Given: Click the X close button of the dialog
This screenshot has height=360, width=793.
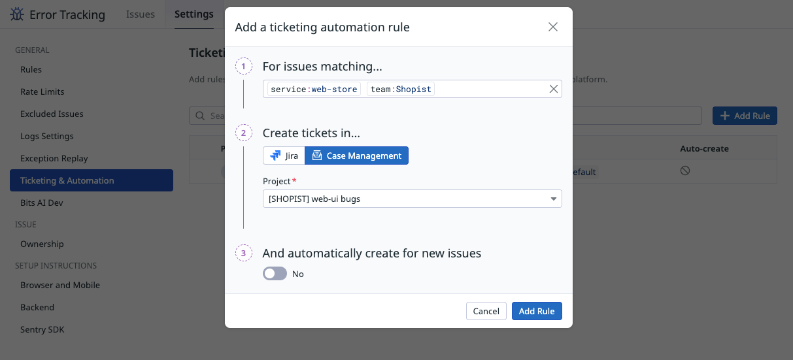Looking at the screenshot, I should [553, 27].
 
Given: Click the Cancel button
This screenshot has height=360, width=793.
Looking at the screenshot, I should [486, 311].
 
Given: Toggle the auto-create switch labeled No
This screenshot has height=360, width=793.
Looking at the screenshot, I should [275, 274].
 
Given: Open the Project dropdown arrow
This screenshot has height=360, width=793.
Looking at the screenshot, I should [553, 199].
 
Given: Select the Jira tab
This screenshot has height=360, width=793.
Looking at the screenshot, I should [284, 155].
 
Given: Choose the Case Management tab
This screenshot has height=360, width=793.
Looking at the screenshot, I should [356, 155].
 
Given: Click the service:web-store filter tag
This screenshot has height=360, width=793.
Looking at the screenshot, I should [314, 89].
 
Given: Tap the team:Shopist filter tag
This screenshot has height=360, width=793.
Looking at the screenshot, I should [401, 89].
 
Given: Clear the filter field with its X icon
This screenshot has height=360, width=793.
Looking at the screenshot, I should [554, 89].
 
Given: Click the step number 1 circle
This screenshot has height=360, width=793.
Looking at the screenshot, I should [244, 66].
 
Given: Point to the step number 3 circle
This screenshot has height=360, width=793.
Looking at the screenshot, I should [244, 253].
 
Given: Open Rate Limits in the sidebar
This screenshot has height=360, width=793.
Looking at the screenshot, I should [42, 91].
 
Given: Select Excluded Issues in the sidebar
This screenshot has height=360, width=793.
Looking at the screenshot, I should [52, 114].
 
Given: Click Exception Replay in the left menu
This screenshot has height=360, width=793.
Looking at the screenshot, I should [54, 158].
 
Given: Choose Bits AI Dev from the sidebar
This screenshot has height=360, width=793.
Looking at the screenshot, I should [41, 203].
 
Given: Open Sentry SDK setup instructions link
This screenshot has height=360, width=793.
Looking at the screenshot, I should [42, 329].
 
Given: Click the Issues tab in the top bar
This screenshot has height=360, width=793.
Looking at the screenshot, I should [141, 14].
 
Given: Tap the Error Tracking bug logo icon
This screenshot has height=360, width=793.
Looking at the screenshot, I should [18, 14].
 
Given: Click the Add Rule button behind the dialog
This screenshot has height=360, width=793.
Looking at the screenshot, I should [745, 116].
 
